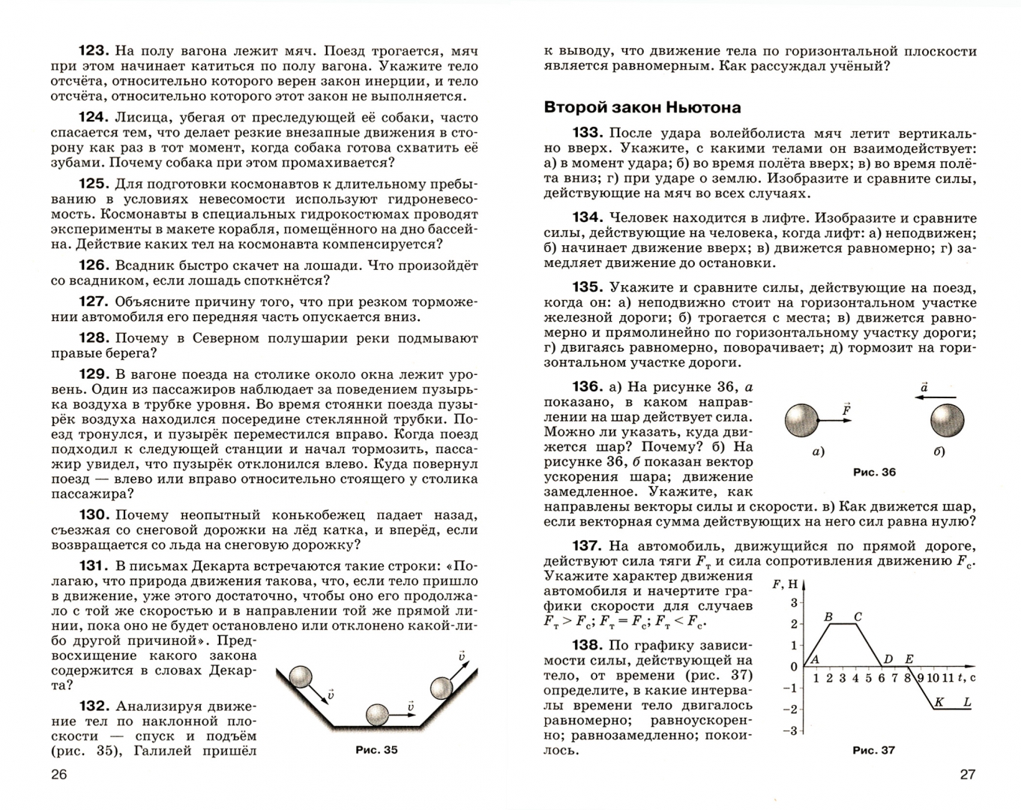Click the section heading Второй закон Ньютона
[x=642, y=107]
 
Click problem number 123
[x=94, y=51]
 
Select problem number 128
[x=94, y=337]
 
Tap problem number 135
[x=587, y=287]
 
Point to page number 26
[x=58, y=775]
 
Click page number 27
[x=968, y=775]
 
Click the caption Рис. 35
[x=376, y=750]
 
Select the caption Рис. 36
[x=874, y=472]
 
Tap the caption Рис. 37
[x=874, y=750]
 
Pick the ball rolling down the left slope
[x=303, y=677]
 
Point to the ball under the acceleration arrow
[x=948, y=419]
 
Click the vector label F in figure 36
[x=846, y=409]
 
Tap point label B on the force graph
[x=828, y=617]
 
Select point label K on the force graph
[x=939, y=703]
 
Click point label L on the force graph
[x=967, y=703]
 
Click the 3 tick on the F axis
[x=794, y=602]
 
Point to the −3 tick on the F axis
[x=790, y=730]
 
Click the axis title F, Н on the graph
[x=788, y=584]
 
